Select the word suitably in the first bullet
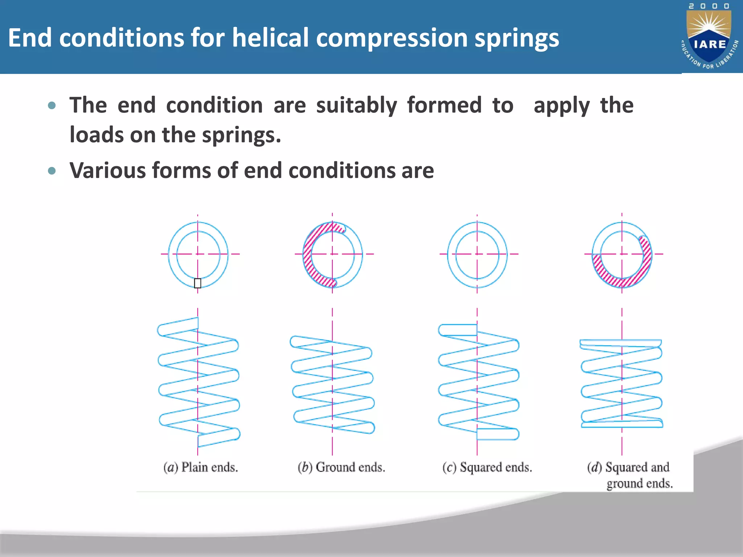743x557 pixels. [356, 106]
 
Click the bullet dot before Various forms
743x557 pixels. [52, 171]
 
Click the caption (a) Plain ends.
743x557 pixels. [201, 467]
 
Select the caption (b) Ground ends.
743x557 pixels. [341, 467]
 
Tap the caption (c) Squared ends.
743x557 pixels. [487, 467]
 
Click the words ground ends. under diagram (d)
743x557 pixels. [640, 483]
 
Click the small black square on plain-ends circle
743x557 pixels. [197, 283]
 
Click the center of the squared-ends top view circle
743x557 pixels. [477, 254]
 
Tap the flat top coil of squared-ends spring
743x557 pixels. [458, 330]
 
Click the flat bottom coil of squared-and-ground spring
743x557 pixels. [622, 424]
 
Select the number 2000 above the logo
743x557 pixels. [709, 6]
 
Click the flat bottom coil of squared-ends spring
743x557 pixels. [497, 434]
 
